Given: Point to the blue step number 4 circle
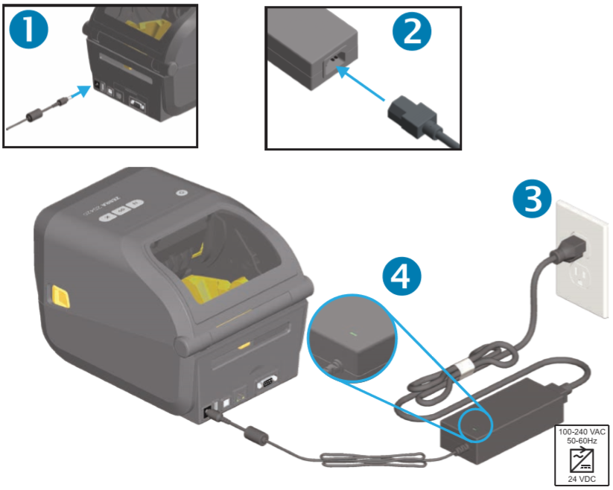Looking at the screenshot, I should [x=400, y=275].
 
